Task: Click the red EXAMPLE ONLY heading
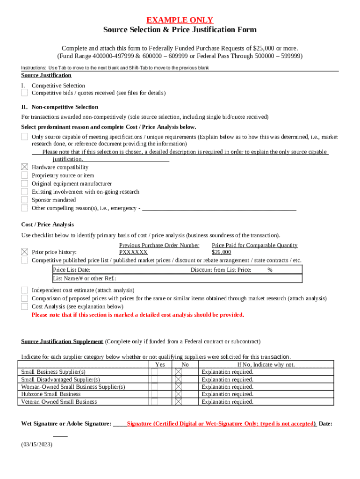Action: (x=180, y=20)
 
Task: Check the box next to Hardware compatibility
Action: (x=24, y=167)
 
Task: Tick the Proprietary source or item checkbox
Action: (x=24, y=175)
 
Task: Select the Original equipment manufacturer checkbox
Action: (x=24, y=183)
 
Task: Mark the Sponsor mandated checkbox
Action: (x=24, y=200)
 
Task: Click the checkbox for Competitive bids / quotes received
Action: (x=24, y=93)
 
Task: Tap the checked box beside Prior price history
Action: (x=24, y=252)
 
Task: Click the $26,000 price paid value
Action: (x=221, y=252)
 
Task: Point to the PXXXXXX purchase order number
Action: (x=133, y=252)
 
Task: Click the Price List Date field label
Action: (x=72, y=270)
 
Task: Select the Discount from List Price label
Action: (x=221, y=270)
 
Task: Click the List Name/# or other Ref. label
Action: (x=78, y=278)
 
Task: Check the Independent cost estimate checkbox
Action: (x=24, y=290)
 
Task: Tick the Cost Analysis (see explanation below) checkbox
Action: (x=24, y=306)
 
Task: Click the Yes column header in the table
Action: (x=159, y=365)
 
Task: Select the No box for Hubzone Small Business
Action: (x=178, y=394)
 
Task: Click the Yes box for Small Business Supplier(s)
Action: (x=154, y=372)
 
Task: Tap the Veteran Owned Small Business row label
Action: (x=59, y=402)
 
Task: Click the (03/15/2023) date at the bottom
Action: (x=37, y=445)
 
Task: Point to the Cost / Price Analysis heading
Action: (x=47, y=225)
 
